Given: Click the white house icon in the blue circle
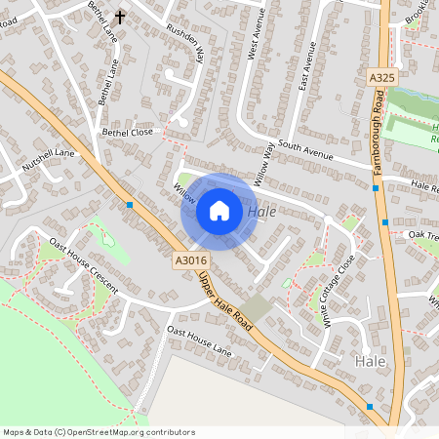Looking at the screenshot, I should pyautogui.click(x=219, y=211).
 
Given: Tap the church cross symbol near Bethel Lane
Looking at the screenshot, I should pyautogui.click(x=121, y=17).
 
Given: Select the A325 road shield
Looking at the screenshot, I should pyautogui.click(x=383, y=76).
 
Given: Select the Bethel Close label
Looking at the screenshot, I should pyautogui.click(x=128, y=131).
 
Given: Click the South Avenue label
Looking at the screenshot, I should pyautogui.click(x=305, y=148).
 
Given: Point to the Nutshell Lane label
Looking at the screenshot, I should pyautogui.click(x=49, y=160).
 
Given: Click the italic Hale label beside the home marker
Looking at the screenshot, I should pyautogui.click(x=261, y=212).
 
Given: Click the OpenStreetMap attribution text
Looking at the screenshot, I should pyautogui.click(x=99, y=431).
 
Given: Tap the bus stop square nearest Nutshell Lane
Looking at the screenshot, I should pyautogui.click(x=130, y=205).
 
